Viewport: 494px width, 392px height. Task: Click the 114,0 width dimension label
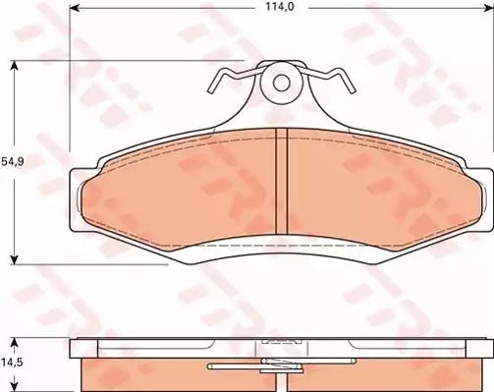(x=275, y=7)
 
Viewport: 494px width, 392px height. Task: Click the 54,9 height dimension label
(x=13, y=162)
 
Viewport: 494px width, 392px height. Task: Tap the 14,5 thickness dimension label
(x=13, y=363)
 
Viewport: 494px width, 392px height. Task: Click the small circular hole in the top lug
(x=281, y=83)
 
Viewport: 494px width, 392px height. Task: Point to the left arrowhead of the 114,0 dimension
(x=74, y=7)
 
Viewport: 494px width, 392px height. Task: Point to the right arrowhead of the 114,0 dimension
(x=488, y=7)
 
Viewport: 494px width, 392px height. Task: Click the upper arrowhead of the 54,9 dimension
(x=14, y=66)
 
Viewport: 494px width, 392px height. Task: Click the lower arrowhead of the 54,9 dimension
(x=14, y=259)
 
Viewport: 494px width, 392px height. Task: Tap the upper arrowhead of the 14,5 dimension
(x=14, y=343)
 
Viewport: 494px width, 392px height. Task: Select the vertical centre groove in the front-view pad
(x=282, y=181)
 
